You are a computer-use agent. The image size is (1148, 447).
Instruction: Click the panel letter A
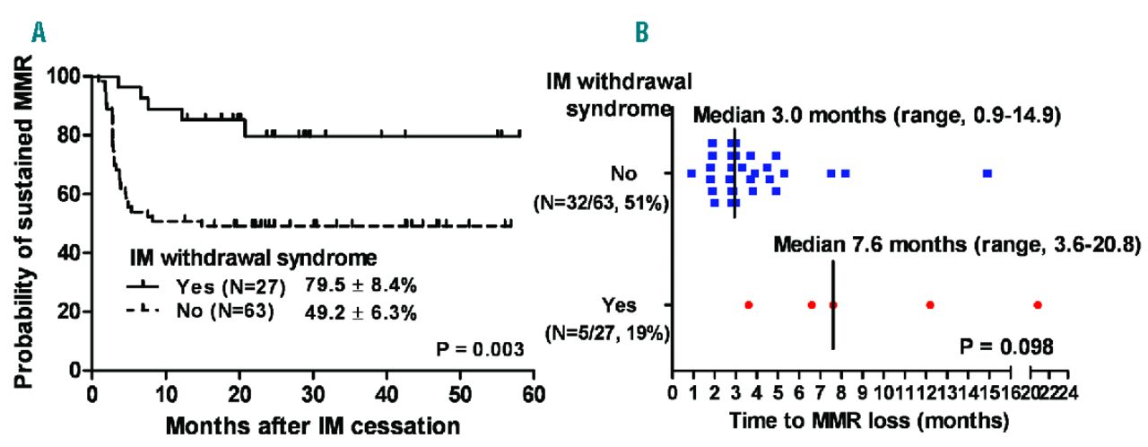point(39,33)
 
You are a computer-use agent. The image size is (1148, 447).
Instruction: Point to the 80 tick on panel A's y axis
point(69,136)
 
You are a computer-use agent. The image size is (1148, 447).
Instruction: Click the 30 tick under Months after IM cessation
point(312,392)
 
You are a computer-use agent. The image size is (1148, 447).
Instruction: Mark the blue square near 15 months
point(987,172)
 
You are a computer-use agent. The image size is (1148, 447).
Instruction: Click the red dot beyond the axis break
point(1038,305)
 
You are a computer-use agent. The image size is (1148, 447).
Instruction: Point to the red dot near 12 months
point(930,305)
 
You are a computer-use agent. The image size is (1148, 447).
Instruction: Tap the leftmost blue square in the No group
point(691,172)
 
